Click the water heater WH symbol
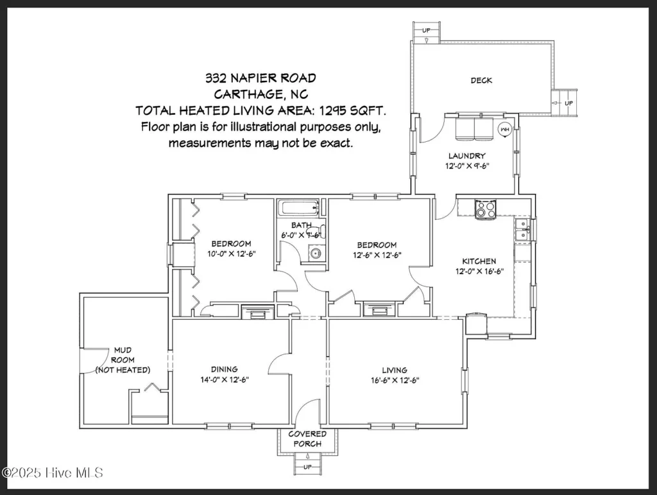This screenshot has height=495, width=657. (x=505, y=130)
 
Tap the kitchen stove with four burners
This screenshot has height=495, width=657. (x=486, y=209)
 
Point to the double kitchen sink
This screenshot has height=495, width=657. (x=522, y=230)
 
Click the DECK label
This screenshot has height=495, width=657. (x=481, y=80)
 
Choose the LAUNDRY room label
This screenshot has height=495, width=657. (x=467, y=156)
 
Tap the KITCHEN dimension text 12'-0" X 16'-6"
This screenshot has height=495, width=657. (x=479, y=271)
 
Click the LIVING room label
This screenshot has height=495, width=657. (x=395, y=370)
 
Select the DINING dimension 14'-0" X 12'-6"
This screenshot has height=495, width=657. (x=224, y=379)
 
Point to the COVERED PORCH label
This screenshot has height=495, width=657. (x=307, y=439)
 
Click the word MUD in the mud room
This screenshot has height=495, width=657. (x=123, y=350)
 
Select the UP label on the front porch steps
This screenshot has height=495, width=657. (x=307, y=467)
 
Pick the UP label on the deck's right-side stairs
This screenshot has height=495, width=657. (x=568, y=103)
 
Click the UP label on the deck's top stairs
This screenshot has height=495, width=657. (x=426, y=30)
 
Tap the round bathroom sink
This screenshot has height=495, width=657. (x=315, y=253)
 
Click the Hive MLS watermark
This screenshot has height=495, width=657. (x=53, y=473)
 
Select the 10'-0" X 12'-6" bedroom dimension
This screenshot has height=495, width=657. (x=231, y=254)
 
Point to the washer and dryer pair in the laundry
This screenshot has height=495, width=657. (x=474, y=128)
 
